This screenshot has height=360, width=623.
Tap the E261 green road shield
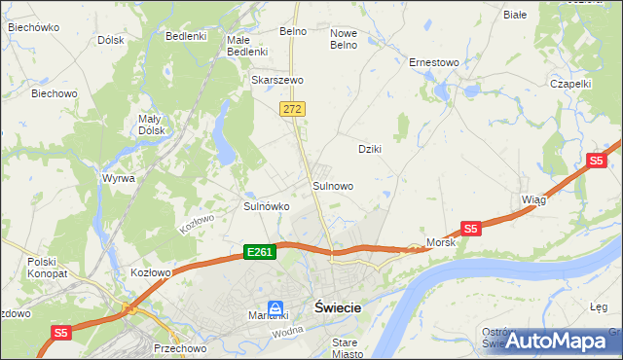(x=260, y=252)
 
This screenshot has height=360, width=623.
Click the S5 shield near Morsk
(x=470, y=229)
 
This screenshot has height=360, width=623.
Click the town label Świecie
(x=339, y=307)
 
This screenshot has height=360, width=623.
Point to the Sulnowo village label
(x=332, y=185)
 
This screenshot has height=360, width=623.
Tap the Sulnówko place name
(x=266, y=206)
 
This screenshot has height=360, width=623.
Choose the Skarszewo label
(x=278, y=80)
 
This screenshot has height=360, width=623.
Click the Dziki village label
(x=369, y=149)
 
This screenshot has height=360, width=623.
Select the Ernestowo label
(x=433, y=62)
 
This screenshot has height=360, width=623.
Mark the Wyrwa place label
(x=118, y=179)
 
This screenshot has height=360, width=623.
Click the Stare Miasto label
(x=345, y=348)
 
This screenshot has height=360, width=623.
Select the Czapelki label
(x=570, y=84)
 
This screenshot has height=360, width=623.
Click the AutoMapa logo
(x=557, y=341)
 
